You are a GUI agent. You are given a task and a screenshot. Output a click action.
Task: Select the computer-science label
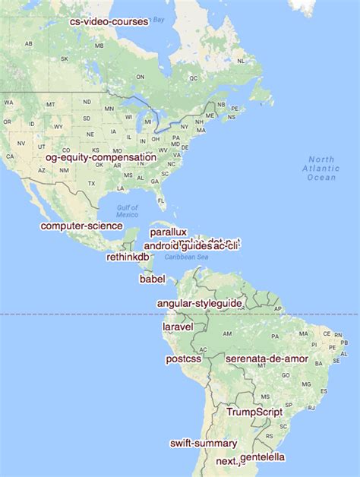click(81, 226)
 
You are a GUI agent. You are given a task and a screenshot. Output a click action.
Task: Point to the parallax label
click(168, 232)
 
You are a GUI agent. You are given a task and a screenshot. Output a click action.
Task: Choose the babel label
click(152, 279)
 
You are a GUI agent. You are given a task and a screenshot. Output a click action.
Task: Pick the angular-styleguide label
click(199, 303)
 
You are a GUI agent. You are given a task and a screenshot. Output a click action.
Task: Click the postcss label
click(183, 358)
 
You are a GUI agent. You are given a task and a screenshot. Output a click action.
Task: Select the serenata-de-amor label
click(262, 357)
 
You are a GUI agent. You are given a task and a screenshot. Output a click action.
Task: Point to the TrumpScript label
click(254, 412)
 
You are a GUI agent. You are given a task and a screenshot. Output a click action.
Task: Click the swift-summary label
click(203, 443)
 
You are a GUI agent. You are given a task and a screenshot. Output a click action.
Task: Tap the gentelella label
click(263, 457)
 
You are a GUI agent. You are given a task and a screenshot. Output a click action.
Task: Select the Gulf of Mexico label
click(128, 211)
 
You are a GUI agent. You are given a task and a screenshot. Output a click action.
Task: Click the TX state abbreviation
click(92, 184)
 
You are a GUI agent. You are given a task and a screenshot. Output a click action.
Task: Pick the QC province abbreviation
click(193, 77)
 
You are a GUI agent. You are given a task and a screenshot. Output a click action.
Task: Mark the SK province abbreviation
click(65, 58)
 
